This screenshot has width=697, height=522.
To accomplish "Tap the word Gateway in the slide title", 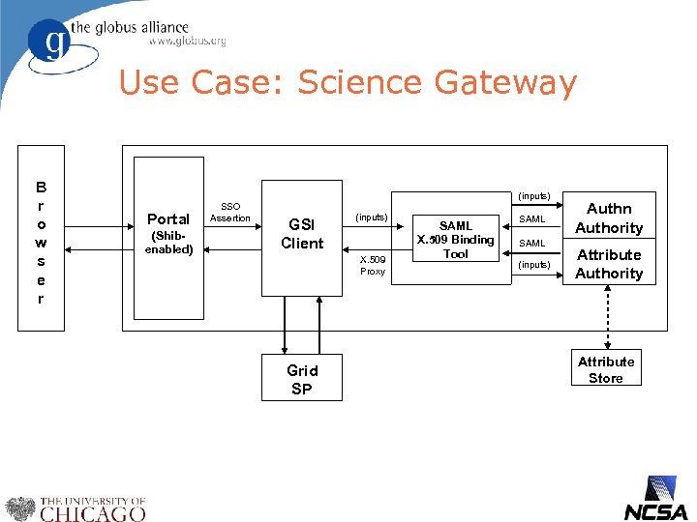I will pos(505,83).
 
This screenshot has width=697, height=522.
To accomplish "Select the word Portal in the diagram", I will pos(168,218).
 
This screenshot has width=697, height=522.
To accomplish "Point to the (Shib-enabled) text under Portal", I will pos(168,243).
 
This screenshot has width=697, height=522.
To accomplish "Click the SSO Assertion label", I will pos(230,213).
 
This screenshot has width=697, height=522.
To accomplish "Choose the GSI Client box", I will pos(302,237).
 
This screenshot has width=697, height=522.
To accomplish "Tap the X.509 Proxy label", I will pos(373,266).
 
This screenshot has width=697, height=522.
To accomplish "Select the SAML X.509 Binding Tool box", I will pos(455,240).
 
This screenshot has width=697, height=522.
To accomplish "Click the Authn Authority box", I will pos(609,218).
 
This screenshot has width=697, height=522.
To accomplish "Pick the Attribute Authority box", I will pos(609,264).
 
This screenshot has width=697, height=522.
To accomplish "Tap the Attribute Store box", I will pos(606,369).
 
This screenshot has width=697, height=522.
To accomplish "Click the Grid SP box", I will pos(302,379).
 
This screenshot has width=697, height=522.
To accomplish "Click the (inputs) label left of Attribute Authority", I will pos(533,264).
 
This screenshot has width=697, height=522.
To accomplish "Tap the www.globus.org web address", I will pos(187,42).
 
